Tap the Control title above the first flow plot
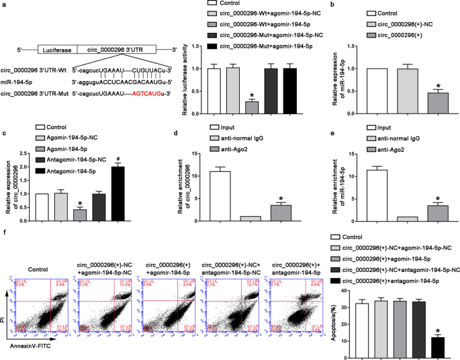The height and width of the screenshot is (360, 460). [40, 255]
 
